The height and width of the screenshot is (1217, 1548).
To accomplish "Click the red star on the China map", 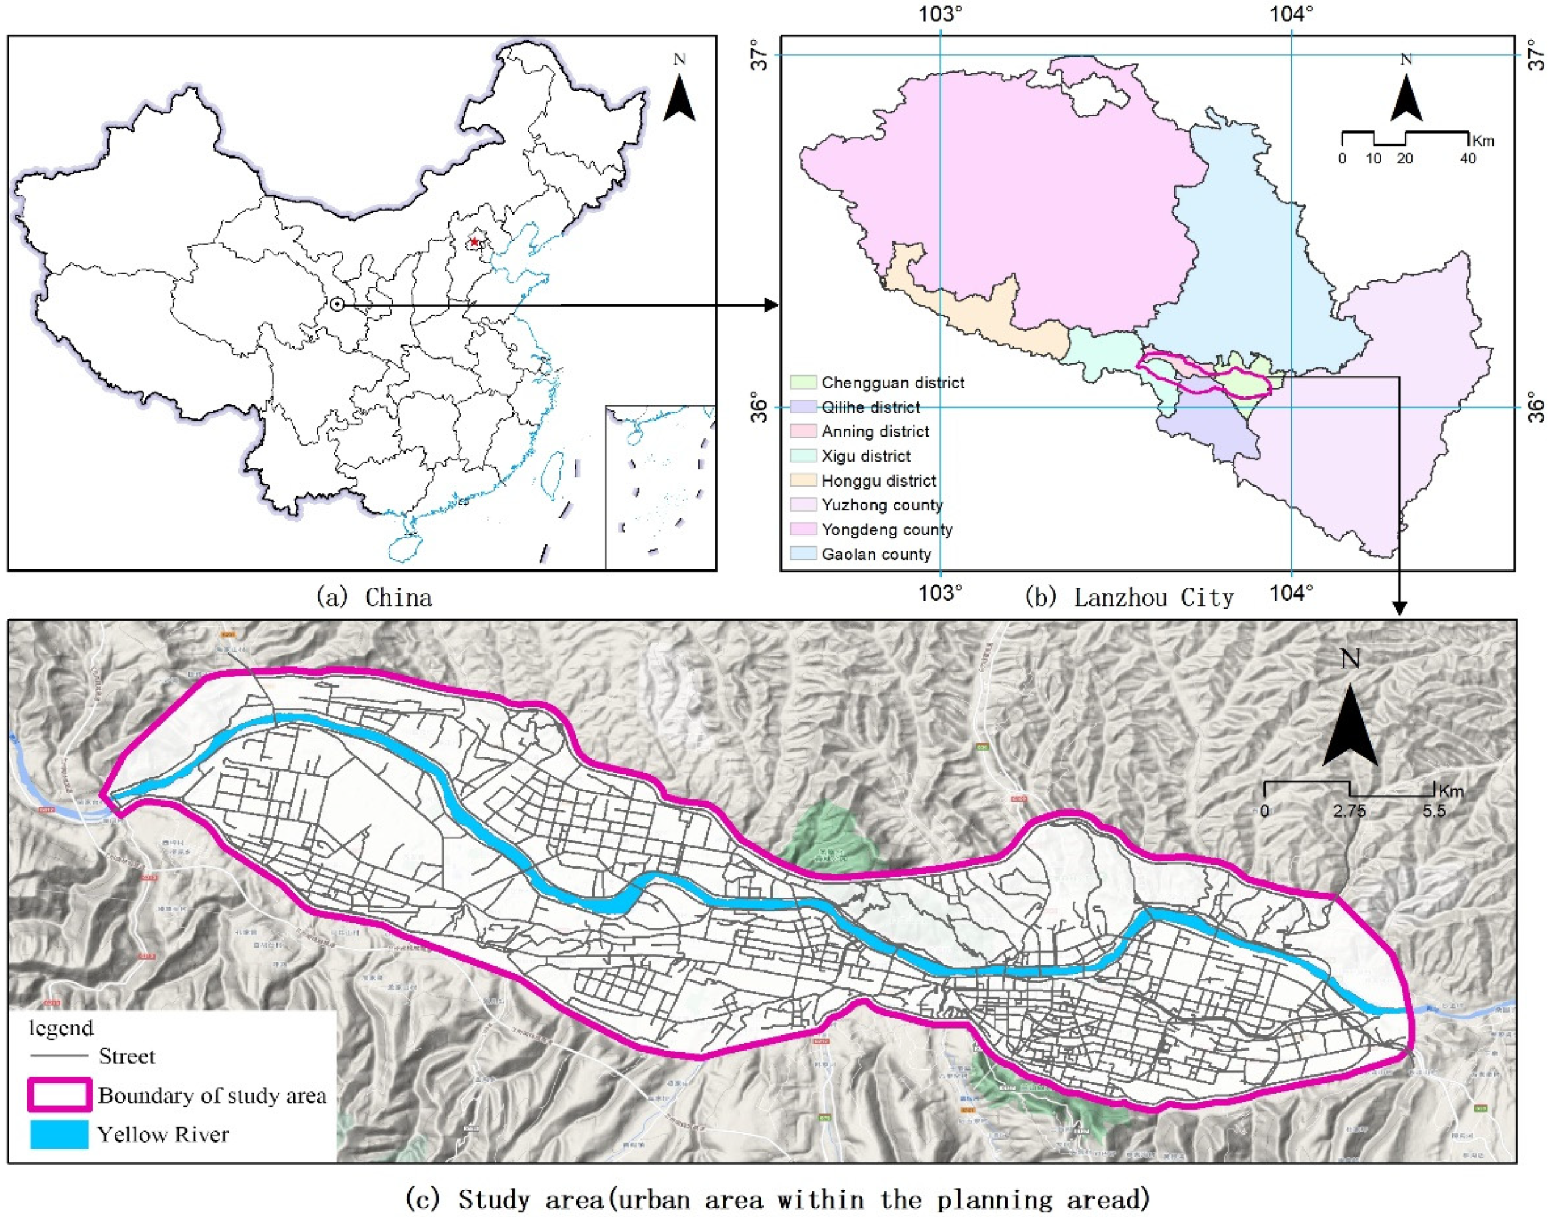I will [475, 242].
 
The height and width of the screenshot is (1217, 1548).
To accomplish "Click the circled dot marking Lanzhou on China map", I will [337, 305].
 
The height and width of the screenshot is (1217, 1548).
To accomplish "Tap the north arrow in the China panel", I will [680, 98].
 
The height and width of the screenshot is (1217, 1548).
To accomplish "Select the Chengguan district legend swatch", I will [803, 383].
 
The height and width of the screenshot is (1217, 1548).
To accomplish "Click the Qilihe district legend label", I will [870, 407].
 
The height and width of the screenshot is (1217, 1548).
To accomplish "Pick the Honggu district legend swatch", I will [803, 480].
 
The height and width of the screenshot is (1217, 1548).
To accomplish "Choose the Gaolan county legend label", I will [876, 554].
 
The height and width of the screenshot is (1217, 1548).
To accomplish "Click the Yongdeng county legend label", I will [887, 529].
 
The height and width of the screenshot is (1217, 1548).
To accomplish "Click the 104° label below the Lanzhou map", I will [1291, 592].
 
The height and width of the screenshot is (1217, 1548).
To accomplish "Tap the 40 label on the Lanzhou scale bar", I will [1467, 158].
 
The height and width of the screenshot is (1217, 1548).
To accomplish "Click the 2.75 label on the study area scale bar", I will [1350, 811].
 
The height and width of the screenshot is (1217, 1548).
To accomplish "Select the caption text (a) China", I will [374, 597].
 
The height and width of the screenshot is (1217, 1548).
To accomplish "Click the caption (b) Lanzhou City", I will [1129, 597].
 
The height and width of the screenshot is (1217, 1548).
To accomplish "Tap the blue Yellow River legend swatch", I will [60, 1134].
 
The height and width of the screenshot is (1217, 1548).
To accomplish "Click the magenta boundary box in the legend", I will [60, 1095].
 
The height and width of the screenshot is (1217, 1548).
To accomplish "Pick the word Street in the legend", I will [126, 1056].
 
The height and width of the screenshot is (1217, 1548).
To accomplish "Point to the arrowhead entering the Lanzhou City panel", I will [771, 305].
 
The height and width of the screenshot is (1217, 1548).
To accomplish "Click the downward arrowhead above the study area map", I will [1400, 608].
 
